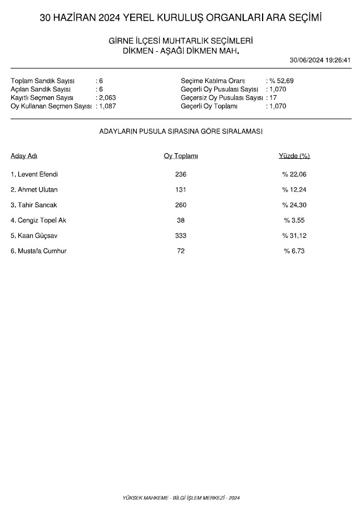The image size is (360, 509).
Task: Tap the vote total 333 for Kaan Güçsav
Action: pyautogui.click(x=180, y=236)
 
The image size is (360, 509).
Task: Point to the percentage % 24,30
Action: pyautogui.click(x=294, y=205)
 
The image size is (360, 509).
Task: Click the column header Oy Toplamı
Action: pyautogui.click(x=180, y=156)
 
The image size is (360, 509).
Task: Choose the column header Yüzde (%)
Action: pyautogui.click(x=294, y=156)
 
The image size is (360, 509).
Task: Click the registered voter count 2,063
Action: pyautogui.click(x=107, y=97)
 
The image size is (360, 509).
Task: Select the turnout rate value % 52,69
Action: pyautogui.click(x=282, y=81)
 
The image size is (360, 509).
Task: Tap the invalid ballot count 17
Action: pyautogui.click(x=273, y=97)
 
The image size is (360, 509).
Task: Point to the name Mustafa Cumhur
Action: pyautogui.click(x=38, y=251)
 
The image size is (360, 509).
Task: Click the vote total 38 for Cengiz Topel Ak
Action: pyautogui.click(x=180, y=221)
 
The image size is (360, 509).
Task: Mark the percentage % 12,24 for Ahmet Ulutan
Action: pyautogui.click(x=294, y=190)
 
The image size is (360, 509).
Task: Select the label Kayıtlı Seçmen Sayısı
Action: pyautogui.click(x=42, y=97)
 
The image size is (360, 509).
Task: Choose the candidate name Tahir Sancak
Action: pyautogui.click(x=34, y=205)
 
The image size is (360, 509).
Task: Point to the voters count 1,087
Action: pyautogui.click(x=107, y=106)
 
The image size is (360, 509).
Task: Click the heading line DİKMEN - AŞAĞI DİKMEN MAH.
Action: pyautogui.click(x=180, y=51)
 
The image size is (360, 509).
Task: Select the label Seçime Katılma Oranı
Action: pyautogui.click(x=213, y=81)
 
